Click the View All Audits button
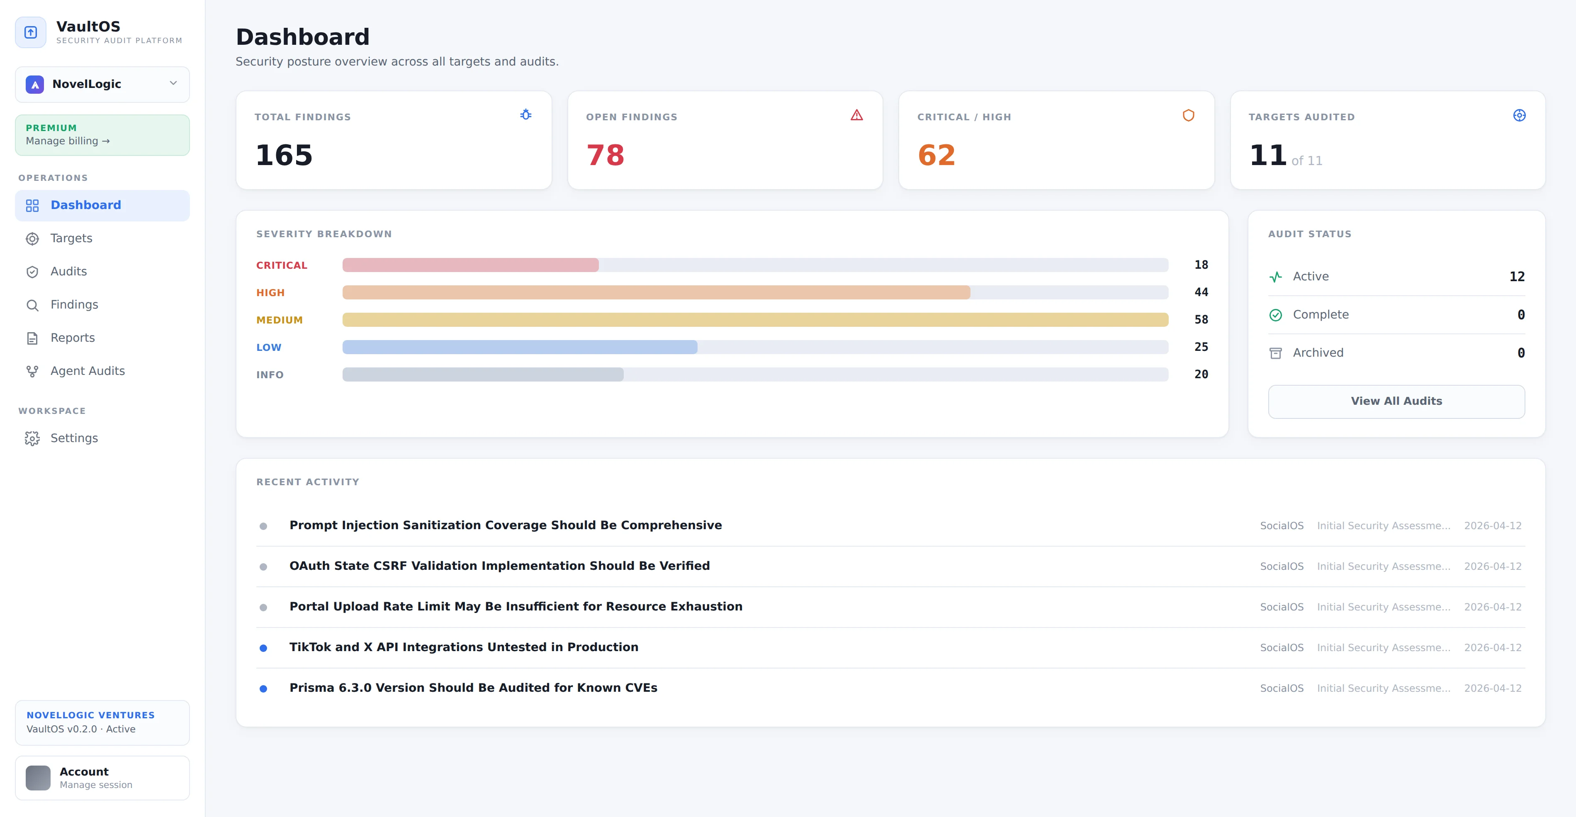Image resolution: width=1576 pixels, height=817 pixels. tap(1396, 401)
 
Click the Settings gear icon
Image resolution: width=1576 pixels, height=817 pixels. tap(32, 438)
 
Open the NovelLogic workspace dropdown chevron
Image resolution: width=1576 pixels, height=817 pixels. tap(173, 83)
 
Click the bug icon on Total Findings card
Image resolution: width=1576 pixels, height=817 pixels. tap(525, 114)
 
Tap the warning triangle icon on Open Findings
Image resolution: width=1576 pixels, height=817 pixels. tap(856, 115)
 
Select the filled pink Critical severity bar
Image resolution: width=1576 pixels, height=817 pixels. tap(470, 265)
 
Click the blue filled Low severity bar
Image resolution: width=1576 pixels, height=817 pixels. tap(520, 347)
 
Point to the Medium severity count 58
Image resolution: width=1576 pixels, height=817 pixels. tap(1201, 319)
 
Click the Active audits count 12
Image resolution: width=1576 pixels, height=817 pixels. tap(1517, 277)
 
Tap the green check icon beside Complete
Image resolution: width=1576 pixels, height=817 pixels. tap(1276, 315)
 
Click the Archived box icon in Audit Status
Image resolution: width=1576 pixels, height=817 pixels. tap(1276, 353)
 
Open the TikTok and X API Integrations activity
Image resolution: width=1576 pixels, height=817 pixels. tap(464, 647)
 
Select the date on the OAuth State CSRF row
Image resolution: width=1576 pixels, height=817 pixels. tap(1492, 567)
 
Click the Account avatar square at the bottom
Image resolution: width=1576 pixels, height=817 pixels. tap(38, 778)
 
